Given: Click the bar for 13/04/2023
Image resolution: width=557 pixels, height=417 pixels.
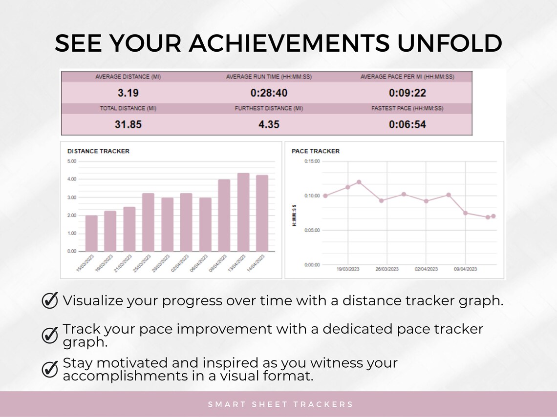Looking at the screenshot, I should coord(243,212).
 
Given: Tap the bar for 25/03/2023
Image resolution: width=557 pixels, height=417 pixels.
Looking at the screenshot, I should coord(148,222).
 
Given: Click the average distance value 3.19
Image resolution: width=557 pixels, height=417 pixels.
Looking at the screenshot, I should coord(128,93).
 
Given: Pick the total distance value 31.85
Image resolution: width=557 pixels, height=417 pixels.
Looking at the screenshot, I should coord(128,124).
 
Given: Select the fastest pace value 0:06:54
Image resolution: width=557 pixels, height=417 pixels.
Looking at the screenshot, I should coord(407,124).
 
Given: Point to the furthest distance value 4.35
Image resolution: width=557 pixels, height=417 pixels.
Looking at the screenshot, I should coord(269,124).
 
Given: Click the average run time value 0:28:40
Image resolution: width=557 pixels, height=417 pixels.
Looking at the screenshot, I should coord(269,93).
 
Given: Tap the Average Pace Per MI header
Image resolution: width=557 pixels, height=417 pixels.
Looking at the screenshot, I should coord(407,77).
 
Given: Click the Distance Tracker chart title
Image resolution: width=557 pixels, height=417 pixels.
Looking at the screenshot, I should coord(98,151).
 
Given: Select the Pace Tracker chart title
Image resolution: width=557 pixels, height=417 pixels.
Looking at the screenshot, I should coord(316,151).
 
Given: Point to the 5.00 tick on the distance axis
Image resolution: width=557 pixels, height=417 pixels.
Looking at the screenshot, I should coord(72,161).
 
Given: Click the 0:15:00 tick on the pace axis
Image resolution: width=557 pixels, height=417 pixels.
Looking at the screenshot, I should coord(312,161).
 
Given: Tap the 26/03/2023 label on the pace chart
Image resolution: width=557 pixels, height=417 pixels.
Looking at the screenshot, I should coord(386,269).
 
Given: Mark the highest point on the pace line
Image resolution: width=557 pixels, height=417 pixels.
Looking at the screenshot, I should coord(359,182).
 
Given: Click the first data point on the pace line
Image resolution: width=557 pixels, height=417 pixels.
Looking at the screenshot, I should coord(325,196).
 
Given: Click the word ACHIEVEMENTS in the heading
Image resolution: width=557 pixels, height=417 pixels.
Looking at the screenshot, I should coord(289,43).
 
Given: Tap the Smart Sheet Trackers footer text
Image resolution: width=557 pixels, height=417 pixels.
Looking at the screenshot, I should coord(280,404).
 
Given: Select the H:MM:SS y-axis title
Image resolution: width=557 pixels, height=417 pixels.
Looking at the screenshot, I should coord(294,215).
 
